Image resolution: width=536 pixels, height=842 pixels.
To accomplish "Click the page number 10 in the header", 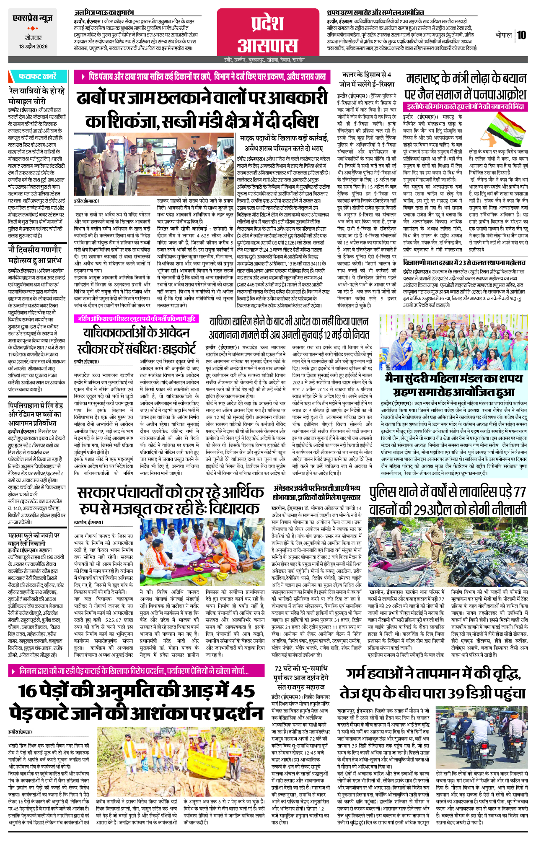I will (x=521, y=35).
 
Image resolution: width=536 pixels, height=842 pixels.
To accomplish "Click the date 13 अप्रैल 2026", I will (x=33, y=47).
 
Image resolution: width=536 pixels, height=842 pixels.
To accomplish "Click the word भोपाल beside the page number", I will (x=503, y=35).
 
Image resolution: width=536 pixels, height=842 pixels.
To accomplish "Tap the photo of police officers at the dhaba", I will (x=154, y=165).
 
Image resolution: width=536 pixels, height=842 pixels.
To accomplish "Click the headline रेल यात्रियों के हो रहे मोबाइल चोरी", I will (x=36, y=96).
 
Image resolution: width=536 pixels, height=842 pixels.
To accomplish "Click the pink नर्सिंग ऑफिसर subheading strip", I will (x=136, y=319).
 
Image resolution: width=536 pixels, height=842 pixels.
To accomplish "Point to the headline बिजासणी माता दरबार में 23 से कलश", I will (x=464, y=262).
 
